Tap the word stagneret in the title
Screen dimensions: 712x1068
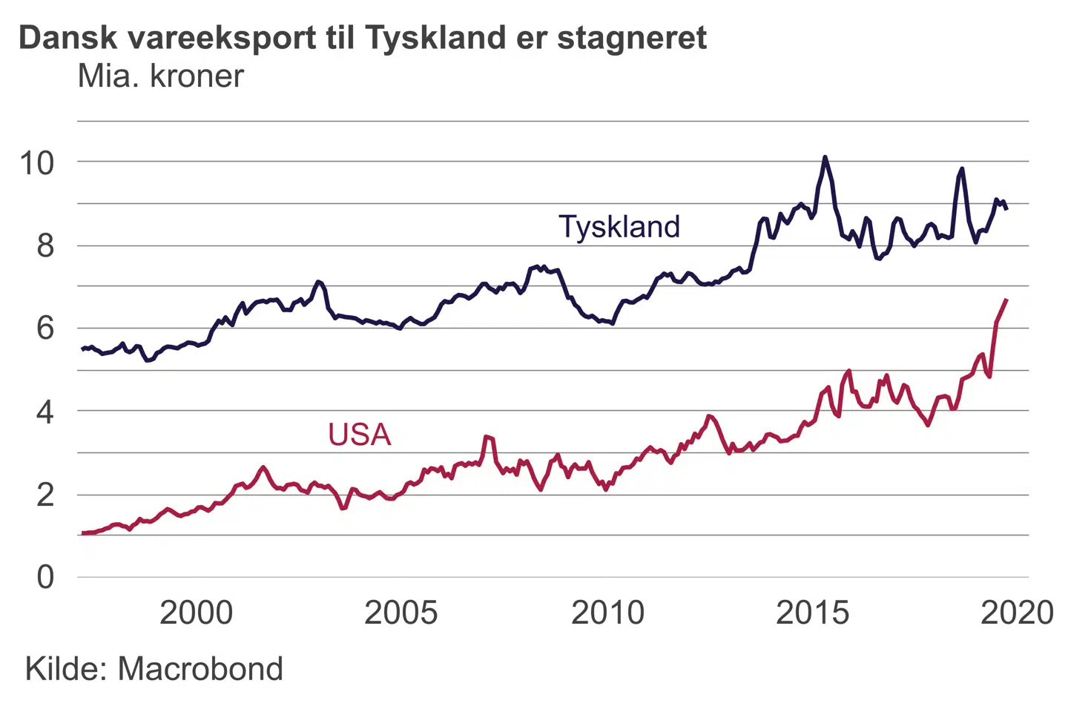tap(632, 37)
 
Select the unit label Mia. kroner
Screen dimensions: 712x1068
tap(161, 76)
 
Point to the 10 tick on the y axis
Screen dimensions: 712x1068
tap(37, 162)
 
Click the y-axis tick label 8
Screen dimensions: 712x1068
tap(45, 245)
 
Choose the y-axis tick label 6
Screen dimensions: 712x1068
tap(45, 328)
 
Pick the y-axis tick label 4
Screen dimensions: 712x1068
tap(45, 412)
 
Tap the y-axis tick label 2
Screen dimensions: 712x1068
tap(45, 495)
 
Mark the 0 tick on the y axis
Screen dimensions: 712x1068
tap(45, 577)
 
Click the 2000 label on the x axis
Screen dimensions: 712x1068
tap(196, 613)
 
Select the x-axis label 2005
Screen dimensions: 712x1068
tap(400, 613)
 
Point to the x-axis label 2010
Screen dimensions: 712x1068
tap(607, 613)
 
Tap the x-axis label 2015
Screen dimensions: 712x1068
tap(812, 613)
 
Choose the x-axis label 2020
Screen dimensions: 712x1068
tap(1017, 613)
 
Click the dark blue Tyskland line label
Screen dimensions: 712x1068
tap(619, 227)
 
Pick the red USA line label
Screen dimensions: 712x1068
tap(359, 435)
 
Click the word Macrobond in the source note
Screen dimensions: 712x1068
tap(200, 669)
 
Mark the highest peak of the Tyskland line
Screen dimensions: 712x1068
tap(825, 157)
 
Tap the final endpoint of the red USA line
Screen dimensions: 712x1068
tap(1006, 300)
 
